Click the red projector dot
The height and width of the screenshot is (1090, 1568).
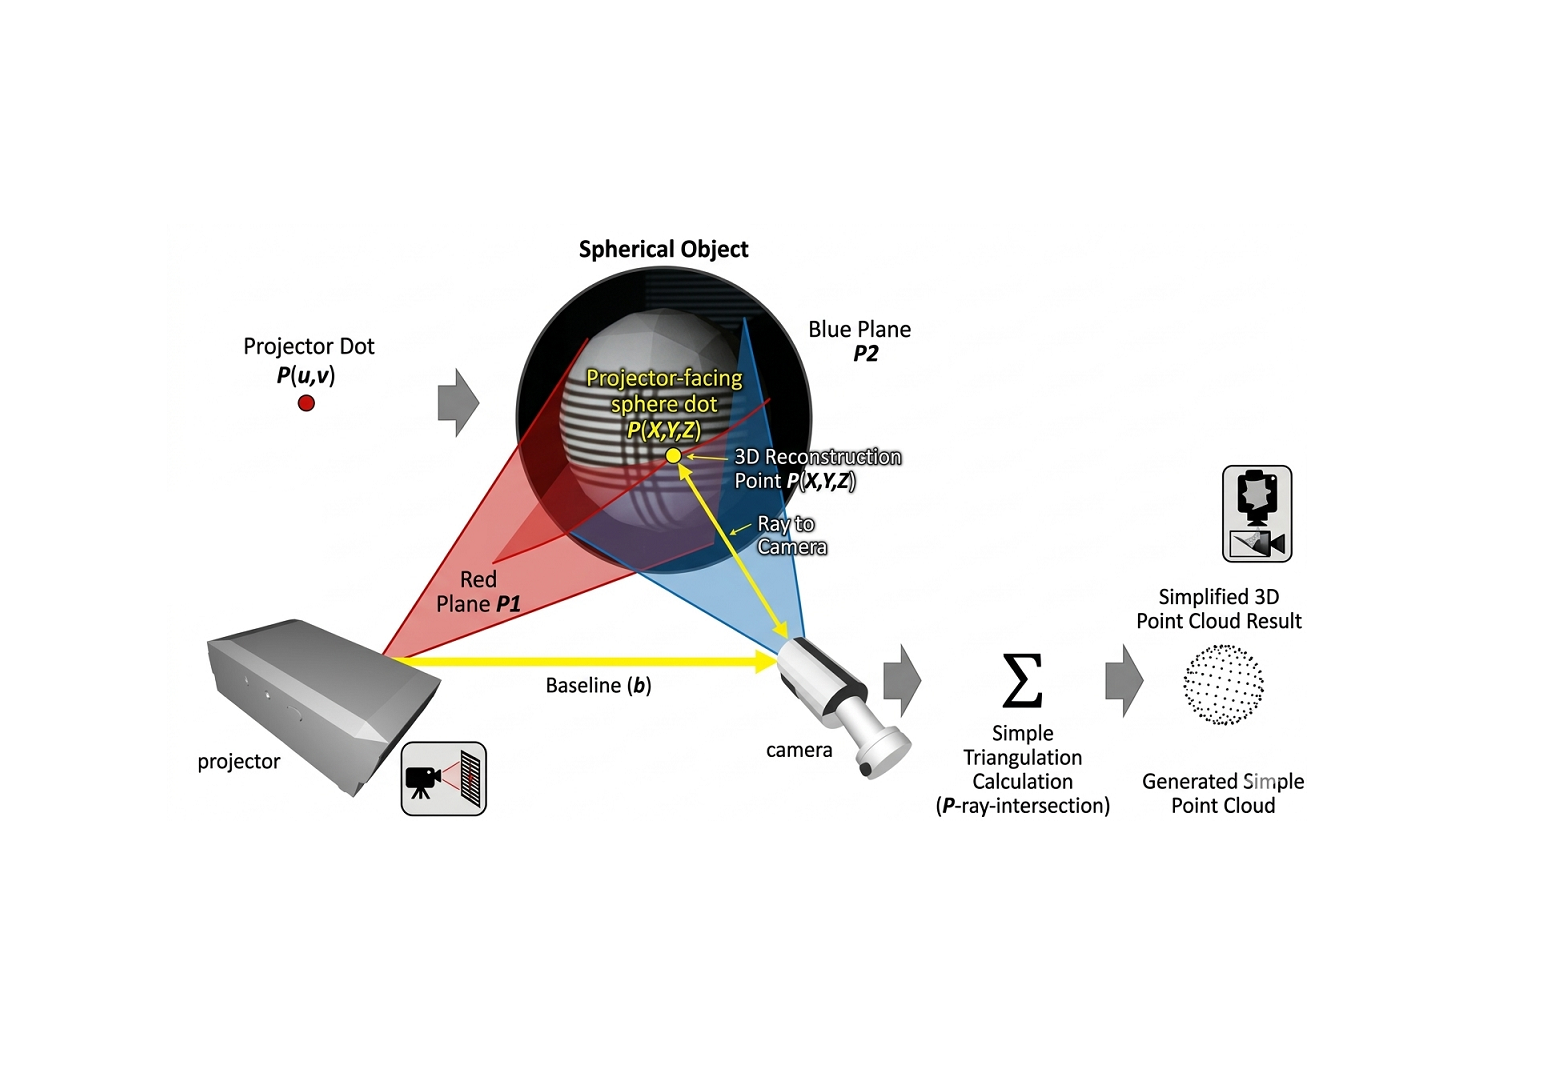click(306, 403)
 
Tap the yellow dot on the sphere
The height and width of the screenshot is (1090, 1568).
click(673, 456)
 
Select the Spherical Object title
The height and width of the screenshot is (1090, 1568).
click(664, 249)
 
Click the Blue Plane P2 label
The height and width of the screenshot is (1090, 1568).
click(860, 341)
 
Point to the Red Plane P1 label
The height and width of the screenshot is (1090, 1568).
click(478, 592)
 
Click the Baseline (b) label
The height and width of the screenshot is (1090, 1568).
click(598, 685)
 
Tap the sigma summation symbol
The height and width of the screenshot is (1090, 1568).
click(1023, 680)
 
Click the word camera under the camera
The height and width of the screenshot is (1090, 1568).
click(799, 750)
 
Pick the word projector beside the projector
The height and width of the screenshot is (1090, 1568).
click(239, 762)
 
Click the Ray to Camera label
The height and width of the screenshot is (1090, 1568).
click(792, 536)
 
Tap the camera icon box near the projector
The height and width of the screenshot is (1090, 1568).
click(444, 778)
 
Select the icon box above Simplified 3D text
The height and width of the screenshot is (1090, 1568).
click(1257, 514)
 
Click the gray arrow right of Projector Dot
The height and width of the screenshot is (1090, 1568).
click(458, 403)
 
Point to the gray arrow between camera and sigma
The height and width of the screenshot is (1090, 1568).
click(902, 680)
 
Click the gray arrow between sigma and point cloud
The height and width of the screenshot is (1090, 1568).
click(1124, 680)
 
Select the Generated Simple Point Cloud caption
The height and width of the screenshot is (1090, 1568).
click(1223, 793)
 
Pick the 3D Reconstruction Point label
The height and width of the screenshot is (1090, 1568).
click(818, 469)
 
